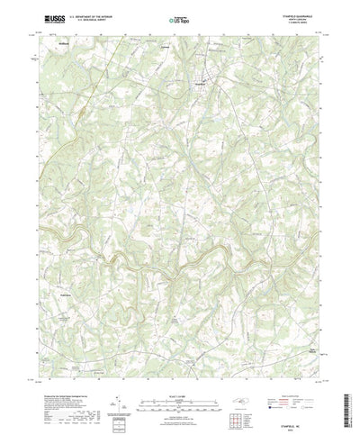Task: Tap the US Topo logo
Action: (179, 17)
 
